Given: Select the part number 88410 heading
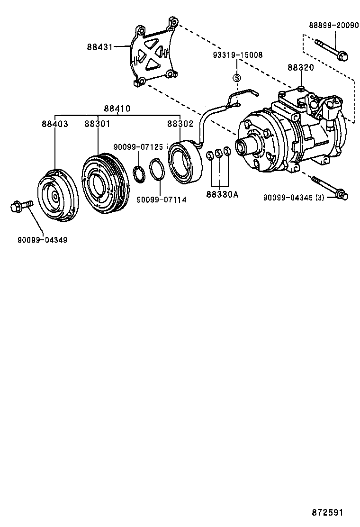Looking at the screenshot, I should [x=117, y=109].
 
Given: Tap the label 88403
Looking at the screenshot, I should [x=54, y=124].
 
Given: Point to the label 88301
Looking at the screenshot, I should [x=98, y=124].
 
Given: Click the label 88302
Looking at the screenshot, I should [x=180, y=124].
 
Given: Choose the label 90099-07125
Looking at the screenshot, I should [x=138, y=147].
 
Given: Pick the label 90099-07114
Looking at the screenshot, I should [x=162, y=200].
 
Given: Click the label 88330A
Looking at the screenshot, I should [x=222, y=194].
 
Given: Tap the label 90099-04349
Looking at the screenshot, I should [x=43, y=240].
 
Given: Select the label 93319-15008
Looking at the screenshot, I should [x=237, y=55].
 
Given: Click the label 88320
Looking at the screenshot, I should [x=300, y=68].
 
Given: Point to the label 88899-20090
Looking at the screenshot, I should [x=333, y=26].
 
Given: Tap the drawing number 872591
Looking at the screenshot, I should [x=327, y=513].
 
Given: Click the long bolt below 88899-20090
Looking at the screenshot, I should [x=331, y=51].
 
